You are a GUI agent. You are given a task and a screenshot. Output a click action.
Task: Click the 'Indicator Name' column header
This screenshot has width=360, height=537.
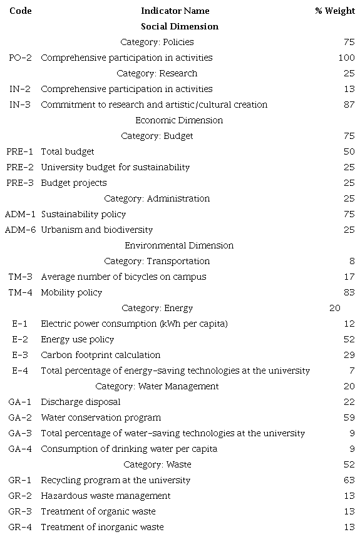[x=175, y=11]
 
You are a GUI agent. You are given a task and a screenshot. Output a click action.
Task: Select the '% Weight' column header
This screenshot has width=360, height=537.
[x=335, y=11]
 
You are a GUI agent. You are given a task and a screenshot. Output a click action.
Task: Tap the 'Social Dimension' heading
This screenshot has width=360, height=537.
[x=180, y=26]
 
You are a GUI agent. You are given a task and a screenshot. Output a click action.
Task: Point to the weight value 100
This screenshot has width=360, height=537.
[x=346, y=58]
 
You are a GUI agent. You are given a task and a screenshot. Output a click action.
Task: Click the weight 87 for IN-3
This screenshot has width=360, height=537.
[x=349, y=105]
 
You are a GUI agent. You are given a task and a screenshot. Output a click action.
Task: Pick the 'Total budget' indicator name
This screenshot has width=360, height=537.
[x=68, y=151]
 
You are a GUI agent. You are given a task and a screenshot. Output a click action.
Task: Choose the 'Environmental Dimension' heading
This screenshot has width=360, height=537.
[x=180, y=245]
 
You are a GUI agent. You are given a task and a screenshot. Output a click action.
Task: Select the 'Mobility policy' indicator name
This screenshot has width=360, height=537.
[x=71, y=292]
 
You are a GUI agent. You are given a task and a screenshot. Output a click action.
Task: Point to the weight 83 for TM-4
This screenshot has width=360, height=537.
[x=349, y=292]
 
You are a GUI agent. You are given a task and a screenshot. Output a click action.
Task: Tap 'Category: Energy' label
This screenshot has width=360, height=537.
[x=157, y=308]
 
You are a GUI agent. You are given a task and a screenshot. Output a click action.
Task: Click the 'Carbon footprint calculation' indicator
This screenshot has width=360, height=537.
[x=92, y=355]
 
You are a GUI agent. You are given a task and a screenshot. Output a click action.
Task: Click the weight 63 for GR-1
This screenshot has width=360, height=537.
[x=349, y=480]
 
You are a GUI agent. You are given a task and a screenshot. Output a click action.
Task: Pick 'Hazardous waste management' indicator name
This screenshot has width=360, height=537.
[x=105, y=496]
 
